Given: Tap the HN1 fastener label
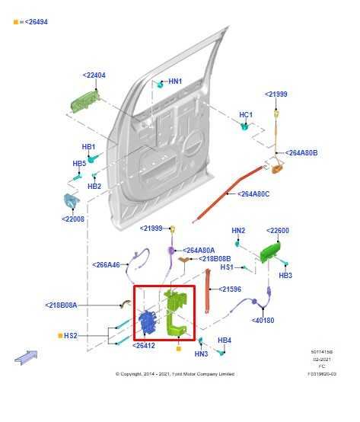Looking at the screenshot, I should pyautogui.click(x=175, y=82).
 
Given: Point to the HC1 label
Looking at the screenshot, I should pyautogui.click(x=246, y=115).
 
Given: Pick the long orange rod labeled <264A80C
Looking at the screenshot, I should pyautogui.click(x=221, y=197).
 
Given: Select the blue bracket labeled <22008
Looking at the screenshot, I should pyautogui.click(x=71, y=202).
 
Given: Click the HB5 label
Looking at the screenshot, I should pyautogui.click(x=79, y=164).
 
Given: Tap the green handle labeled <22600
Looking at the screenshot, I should pyautogui.click(x=269, y=252).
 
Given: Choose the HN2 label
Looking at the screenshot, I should pyautogui.click(x=238, y=231).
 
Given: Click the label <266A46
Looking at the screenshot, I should pyautogui.click(x=107, y=265).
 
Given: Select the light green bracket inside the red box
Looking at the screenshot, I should pyautogui.click(x=174, y=313).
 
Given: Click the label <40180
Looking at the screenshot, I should pyautogui.click(x=263, y=320).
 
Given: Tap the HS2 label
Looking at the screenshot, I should pyautogui.click(x=70, y=335).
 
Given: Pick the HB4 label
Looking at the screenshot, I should pyautogui.click(x=225, y=340).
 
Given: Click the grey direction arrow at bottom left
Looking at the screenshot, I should pyautogui.click(x=25, y=356).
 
